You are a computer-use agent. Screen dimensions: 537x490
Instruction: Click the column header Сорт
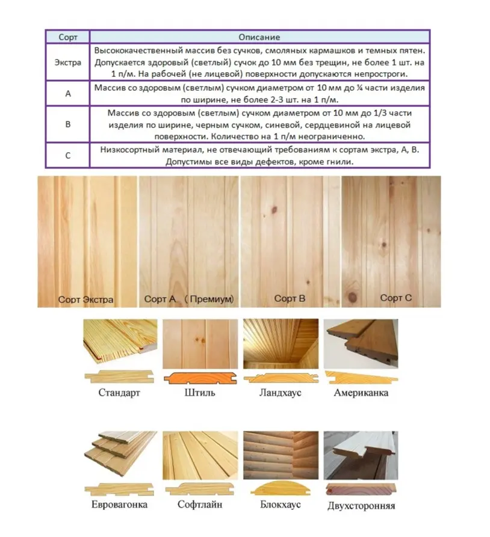click(68, 37)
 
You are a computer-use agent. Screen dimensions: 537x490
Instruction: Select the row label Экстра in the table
click(68, 61)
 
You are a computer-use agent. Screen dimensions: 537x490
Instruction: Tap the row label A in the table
click(68, 93)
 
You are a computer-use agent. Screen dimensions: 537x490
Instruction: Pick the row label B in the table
click(68, 124)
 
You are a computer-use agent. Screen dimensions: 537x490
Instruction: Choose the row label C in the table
click(68, 155)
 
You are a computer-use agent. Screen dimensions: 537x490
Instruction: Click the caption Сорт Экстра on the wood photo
click(86, 299)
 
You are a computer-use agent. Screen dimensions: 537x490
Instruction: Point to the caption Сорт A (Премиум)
click(188, 299)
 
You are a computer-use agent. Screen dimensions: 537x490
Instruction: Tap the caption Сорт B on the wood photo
click(290, 298)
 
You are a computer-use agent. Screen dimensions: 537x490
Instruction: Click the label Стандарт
click(119, 393)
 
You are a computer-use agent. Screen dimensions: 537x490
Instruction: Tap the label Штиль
click(199, 393)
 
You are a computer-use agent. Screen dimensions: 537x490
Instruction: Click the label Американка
click(361, 393)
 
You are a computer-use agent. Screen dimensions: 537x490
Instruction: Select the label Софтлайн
click(200, 505)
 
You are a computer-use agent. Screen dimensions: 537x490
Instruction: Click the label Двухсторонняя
click(361, 506)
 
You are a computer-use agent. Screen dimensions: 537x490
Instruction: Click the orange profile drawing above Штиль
click(199, 377)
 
